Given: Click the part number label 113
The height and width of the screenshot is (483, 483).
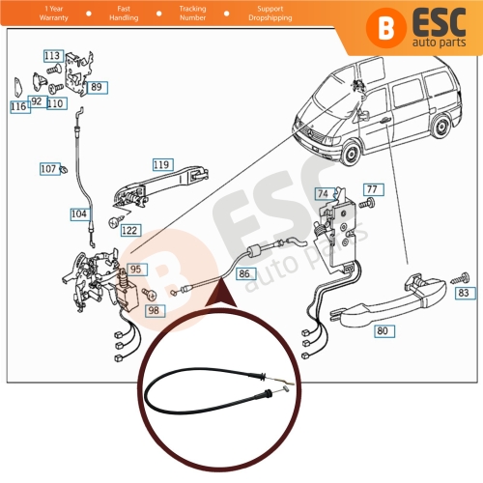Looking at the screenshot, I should [x=52, y=56].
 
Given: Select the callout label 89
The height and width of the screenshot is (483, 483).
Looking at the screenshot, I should [x=96, y=87].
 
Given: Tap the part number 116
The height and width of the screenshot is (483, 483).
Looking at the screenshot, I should [x=19, y=107].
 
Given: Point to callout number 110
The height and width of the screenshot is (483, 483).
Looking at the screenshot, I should [x=55, y=103].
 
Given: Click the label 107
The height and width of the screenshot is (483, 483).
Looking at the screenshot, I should [x=48, y=168].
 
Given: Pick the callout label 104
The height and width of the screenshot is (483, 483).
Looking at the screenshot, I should [x=78, y=213].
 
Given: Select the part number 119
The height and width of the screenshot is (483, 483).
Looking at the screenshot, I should [x=160, y=164].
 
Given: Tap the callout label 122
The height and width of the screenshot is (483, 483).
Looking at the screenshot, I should [x=129, y=230].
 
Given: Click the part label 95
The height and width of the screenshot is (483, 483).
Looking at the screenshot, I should [x=136, y=270].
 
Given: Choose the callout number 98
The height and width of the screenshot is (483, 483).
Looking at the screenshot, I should [x=154, y=310].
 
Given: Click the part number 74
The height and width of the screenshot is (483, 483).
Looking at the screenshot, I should [x=323, y=193].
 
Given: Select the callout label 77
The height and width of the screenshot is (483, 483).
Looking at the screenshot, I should [x=373, y=188].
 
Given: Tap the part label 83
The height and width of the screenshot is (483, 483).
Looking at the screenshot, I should [x=464, y=292].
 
